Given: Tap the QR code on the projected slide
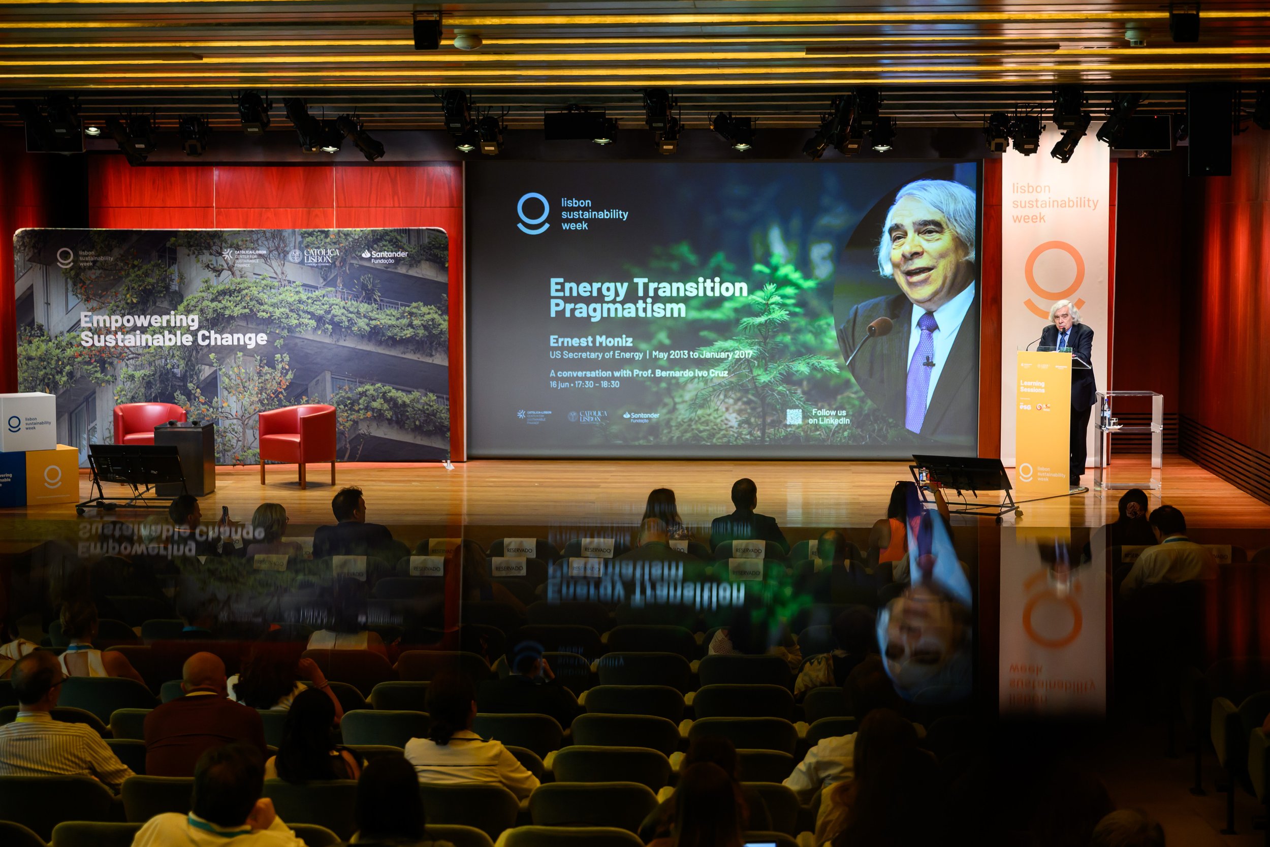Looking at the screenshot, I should click(793, 417).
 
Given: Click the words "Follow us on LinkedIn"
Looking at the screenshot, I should click(829, 417).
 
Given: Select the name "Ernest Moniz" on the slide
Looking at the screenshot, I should click(591, 341).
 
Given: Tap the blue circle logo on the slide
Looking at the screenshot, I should click(533, 213).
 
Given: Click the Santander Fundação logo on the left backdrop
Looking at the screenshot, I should click(385, 256).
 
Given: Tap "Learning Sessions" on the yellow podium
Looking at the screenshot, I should click(1032, 386).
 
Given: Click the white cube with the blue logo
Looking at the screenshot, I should click(27, 421).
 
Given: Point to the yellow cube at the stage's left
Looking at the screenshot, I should click(52, 476).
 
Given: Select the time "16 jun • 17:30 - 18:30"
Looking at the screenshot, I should click(584, 385).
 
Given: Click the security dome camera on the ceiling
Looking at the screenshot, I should click(467, 41).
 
